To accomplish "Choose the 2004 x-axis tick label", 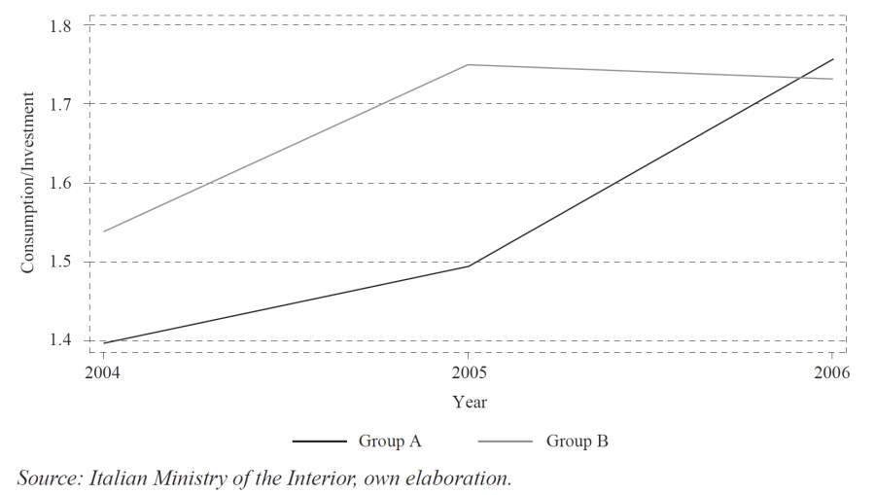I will coord(103,373).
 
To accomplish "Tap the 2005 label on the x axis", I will coord(469,373).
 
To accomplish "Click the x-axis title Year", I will coord(470,402).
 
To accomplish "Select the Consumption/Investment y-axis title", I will coord(29,183).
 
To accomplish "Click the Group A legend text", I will coord(389,442).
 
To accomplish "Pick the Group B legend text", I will coord(577,442).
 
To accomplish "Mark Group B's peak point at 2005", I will coord(469,65).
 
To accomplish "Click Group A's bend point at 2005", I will coord(469,265).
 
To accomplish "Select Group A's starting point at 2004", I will coord(103,343).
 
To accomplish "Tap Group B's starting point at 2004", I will coord(103,231).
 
